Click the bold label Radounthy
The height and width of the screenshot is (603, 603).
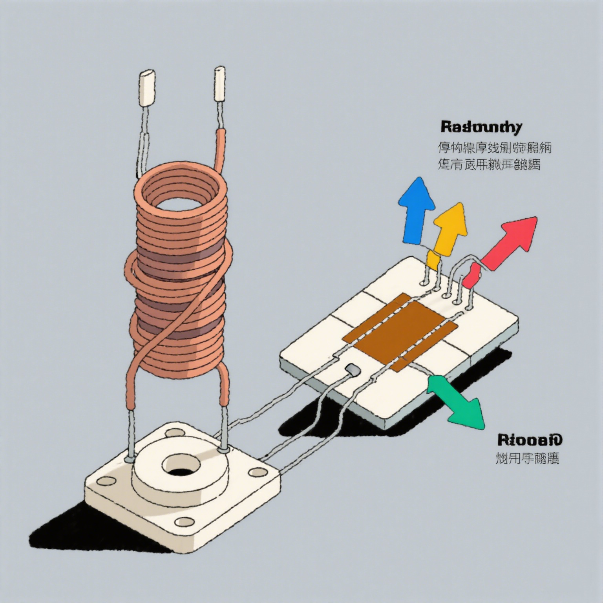(x=481, y=128)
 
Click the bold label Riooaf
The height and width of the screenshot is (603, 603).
(x=529, y=440)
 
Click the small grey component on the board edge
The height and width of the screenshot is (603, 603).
(x=352, y=369)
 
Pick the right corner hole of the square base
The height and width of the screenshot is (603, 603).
(x=256, y=471)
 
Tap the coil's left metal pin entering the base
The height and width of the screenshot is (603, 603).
(x=130, y=438)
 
